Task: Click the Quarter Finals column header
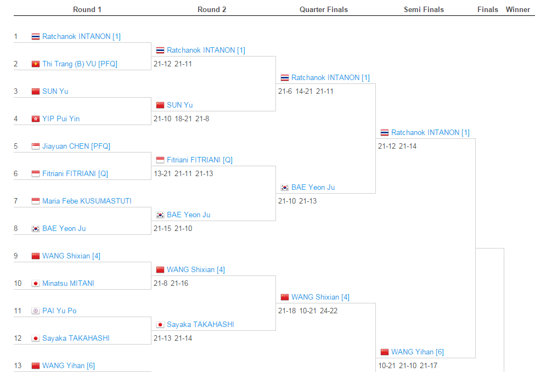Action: [323, 9]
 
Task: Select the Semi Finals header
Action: [424, 9]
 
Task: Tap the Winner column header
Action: [517, 9]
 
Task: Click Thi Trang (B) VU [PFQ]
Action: [80, 64]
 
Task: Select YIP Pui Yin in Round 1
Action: [61, 119]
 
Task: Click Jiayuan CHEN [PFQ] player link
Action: [76, 146]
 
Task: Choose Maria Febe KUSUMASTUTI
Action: [87, 201]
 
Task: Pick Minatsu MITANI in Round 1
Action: [68, 283]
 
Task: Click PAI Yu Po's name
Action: [59, 311]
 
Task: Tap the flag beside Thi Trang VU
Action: [36, 64]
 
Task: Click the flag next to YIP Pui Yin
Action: [36, 119]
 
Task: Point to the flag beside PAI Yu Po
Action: [36, 311]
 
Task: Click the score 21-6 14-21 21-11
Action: [306, 91]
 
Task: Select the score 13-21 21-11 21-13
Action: [183, 173]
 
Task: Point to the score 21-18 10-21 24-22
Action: [308, 311]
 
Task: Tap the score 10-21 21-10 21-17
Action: [408, 365]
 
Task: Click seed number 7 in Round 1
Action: [16, 201]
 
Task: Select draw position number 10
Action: [18, 283]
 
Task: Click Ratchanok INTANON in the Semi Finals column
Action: [430, 132]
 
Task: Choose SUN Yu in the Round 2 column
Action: [180, 105]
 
